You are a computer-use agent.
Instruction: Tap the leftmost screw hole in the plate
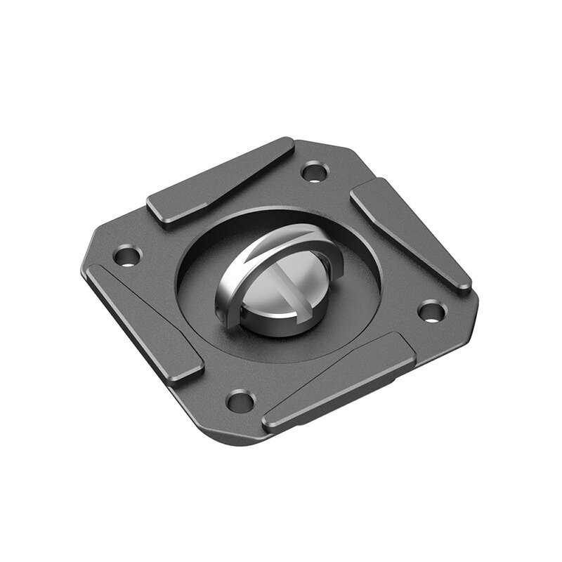click(x=127, y=253)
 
